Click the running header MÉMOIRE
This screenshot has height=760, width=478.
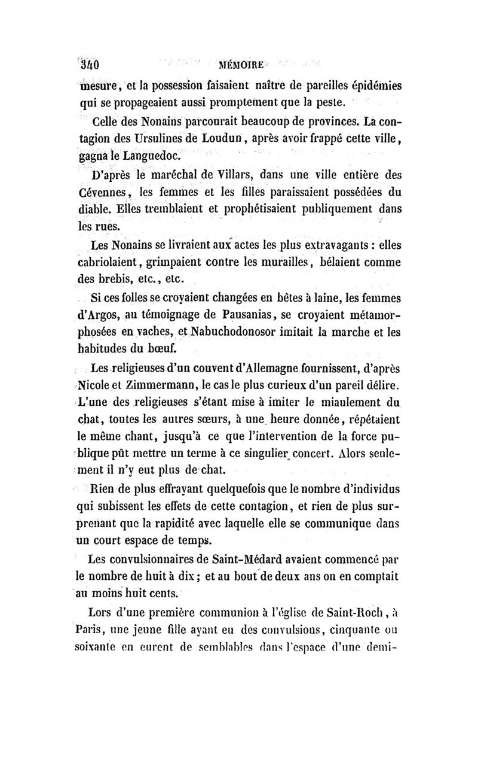coord(242,64)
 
